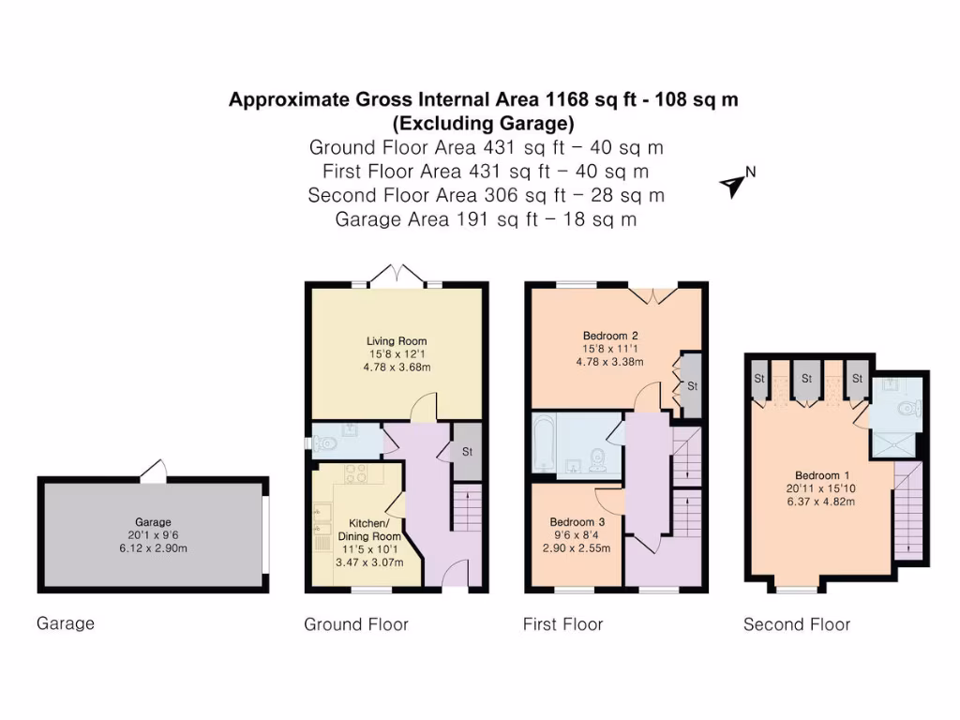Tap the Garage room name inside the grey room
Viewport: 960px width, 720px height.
click(152, 522)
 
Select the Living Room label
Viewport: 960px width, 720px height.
click(397, 341)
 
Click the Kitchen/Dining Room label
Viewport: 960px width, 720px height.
click(375, 530)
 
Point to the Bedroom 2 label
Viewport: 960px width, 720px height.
click(610, 336)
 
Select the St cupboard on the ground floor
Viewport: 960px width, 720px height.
click(467, 452)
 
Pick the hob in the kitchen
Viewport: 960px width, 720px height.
click(355, 474)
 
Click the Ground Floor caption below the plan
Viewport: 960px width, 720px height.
click(356, 624)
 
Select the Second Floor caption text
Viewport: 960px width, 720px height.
click(797, 624)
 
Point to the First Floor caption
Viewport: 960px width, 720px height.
click(562, 624)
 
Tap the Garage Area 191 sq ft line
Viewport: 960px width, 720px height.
click(487, 219)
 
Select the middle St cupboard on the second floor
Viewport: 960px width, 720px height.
click(805, 379)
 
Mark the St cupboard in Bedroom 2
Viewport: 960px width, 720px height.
click(692, 385)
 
